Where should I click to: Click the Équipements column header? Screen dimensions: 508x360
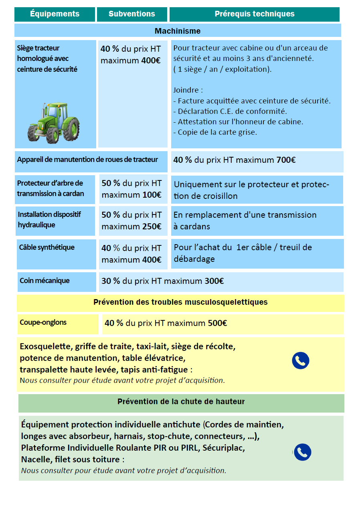[x=55, y=14]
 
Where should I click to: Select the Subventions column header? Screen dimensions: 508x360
[x=131, y=14]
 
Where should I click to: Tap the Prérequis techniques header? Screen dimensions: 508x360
[x=254, y=14]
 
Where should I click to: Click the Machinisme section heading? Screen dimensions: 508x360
[x=178, y=31]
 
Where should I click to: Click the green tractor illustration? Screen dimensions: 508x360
[x=53, y=123]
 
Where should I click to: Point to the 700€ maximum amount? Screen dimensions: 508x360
[x=286, y=160]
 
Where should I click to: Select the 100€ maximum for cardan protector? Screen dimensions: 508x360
[x=152, y=195]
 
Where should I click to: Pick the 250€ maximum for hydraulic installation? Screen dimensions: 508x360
[x=152, y=227]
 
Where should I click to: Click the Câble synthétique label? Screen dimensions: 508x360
[x=47, y=247]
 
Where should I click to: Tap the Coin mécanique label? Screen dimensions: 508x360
[x=44, y=281]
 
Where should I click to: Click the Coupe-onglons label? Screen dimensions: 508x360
[x=43, y=322]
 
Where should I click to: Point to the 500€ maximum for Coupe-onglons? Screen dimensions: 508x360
[x=217, y=323]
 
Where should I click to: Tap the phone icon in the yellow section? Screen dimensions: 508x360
[x=301, y=361]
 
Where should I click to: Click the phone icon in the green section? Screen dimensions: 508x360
[x=303, y=452]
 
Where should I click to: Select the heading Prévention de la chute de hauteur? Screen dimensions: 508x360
[x=181, y=401]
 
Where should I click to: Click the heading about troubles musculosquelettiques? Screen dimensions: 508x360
[x=180, y=302]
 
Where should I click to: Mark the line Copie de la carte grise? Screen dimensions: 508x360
[x=215, y=132]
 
